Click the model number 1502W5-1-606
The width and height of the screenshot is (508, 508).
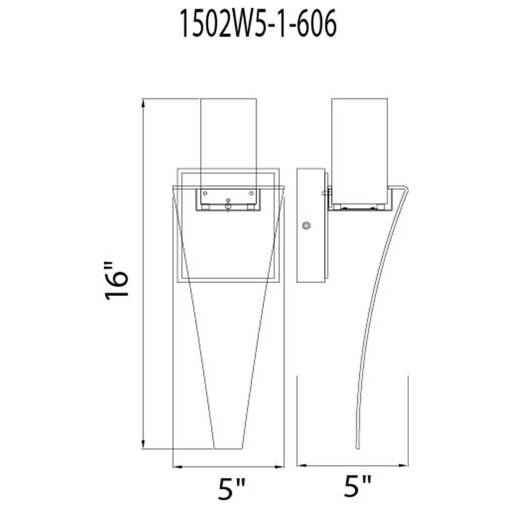click(x=258, y=23)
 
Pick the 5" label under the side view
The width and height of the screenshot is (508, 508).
click(x=357, y=486)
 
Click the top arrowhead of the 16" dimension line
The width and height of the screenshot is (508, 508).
click(x=143, y=104)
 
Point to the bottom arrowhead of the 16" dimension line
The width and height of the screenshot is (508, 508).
click(x=143, y=444)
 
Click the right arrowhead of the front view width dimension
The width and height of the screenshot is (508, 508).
click(x=279, y=466)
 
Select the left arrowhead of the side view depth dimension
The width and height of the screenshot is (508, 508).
click(x=302, y=465)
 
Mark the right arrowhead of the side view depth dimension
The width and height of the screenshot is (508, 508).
click(x=403, y=465)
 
